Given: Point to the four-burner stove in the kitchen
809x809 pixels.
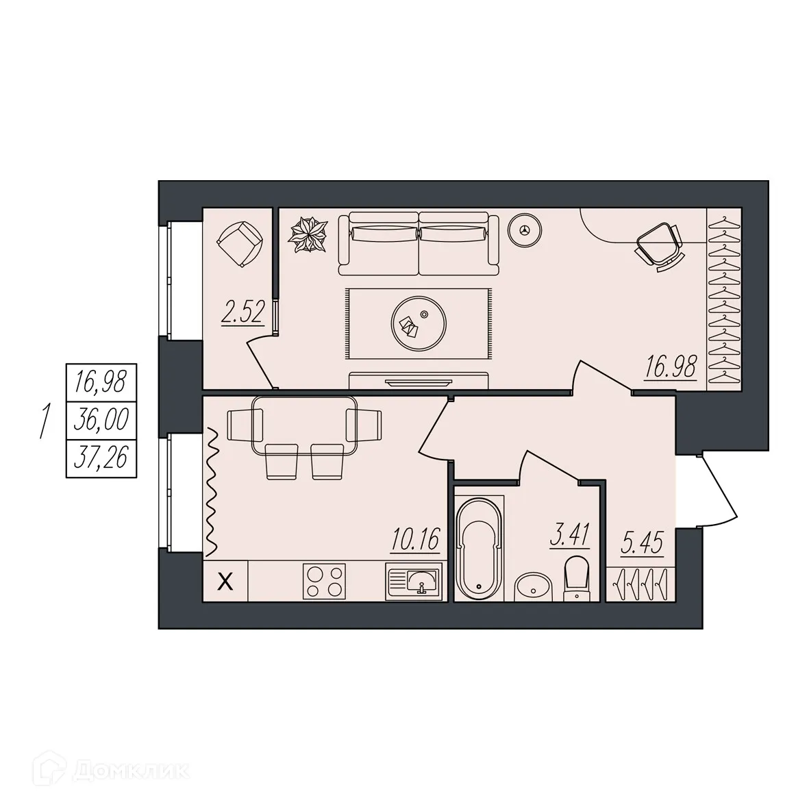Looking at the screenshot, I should pos(325,582).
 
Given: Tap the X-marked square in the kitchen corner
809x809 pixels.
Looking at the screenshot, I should pos(225,582).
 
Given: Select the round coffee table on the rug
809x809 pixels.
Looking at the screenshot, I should pos(419,323).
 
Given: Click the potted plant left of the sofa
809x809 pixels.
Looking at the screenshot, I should pos(308,235).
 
